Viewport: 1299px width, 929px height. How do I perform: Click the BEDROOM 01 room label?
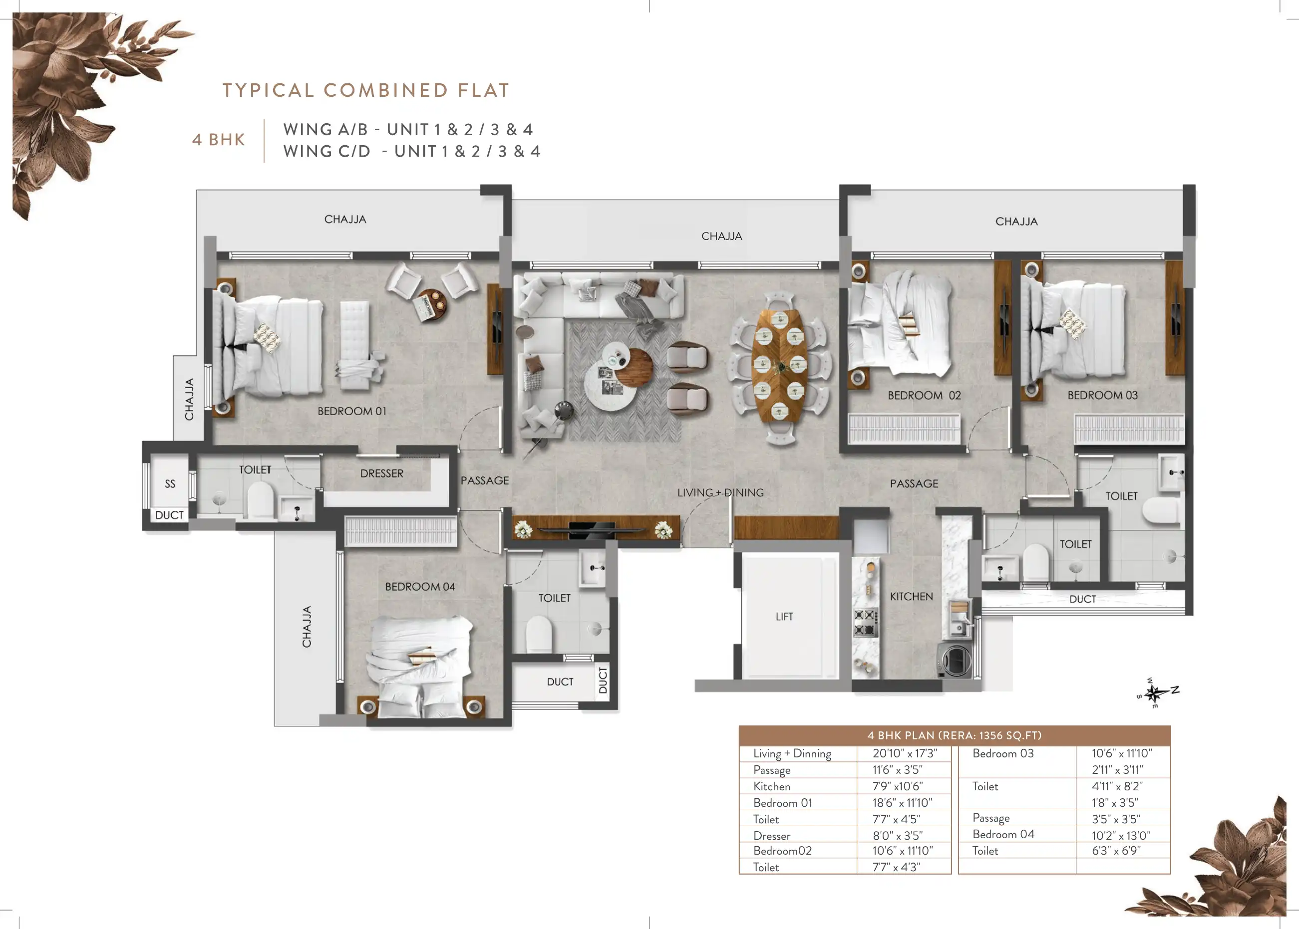click(x=352, y=411)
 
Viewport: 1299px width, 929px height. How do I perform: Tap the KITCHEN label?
click(x=911, y=597)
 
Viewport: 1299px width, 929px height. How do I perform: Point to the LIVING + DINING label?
click(x=720, y=492)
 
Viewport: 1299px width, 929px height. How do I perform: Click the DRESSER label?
click(x=382, y=473)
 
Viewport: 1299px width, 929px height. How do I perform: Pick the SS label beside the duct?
click(x=170, y=484)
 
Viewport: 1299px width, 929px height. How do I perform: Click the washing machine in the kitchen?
click(x=955, y=661)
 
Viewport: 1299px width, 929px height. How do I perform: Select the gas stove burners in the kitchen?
click(x=865, y=622)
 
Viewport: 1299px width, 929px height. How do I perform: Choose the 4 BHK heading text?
click(x=219, y=140)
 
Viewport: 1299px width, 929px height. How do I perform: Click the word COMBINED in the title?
click(x=386, y=90)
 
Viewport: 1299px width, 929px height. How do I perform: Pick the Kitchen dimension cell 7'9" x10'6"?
click(x=897, y=787)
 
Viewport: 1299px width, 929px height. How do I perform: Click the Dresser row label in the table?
click(x=771, y=836)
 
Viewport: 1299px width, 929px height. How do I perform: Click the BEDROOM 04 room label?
click(x=420, y=587)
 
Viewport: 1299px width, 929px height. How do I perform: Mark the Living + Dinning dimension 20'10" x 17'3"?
click(x=905, y=754)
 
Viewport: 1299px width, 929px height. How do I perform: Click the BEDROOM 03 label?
click(x=1102, y=395)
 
